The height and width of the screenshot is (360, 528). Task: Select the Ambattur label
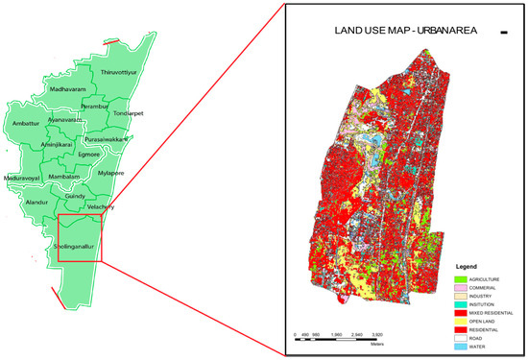(x=30, y=124)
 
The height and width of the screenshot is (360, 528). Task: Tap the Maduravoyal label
(x=23, y=179)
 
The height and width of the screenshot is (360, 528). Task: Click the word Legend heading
(x=468, y=265)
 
